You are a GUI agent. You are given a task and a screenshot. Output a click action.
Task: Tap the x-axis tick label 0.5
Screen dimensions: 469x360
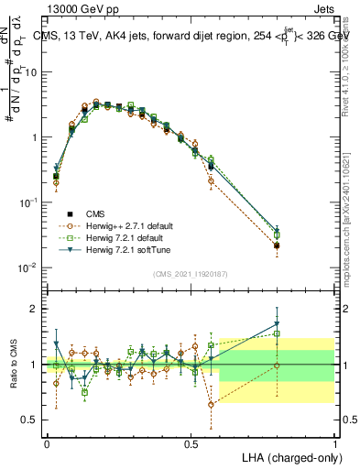click(191, 442)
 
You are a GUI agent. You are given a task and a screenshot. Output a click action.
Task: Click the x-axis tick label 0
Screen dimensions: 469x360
click(47, 442)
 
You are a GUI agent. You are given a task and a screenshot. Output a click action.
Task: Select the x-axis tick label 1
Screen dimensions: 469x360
click(335, 442)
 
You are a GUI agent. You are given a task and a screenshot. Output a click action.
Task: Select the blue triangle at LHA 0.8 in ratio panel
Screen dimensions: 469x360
click(278, 323)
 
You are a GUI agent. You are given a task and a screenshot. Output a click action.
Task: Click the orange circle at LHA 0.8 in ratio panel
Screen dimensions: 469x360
click(278, 365)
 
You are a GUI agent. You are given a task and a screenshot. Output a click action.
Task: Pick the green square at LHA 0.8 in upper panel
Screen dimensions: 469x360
click(278, 235)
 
